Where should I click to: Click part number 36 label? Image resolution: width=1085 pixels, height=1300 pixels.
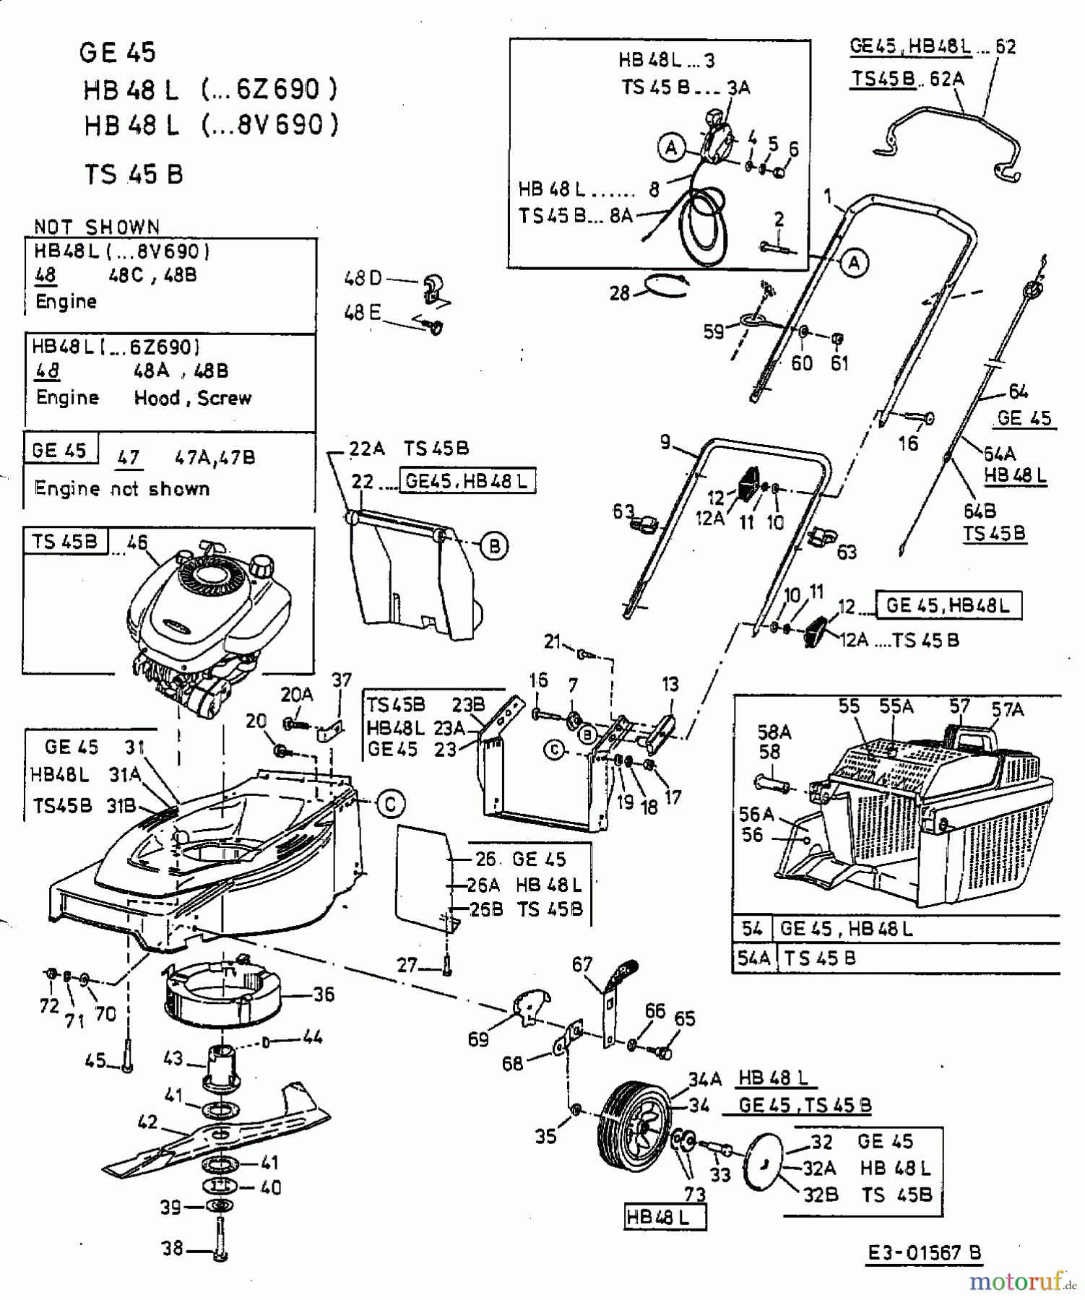pos(324,994)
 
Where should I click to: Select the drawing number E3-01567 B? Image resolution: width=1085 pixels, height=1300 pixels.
pos(924,1253)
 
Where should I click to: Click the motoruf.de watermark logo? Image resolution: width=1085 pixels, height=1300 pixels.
pos(1022,1281)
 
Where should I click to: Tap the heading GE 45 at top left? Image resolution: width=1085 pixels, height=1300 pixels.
pos(118,52)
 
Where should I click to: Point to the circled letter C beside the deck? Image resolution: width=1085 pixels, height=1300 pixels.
pos(391,803)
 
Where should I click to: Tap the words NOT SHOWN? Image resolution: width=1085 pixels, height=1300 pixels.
pos(97,227)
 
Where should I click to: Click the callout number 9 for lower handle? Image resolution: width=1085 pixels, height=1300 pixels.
pos(665,442)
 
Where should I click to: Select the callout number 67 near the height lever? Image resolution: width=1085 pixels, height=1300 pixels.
pos(582,964)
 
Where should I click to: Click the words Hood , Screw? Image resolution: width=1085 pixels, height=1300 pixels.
pos(193,398)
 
